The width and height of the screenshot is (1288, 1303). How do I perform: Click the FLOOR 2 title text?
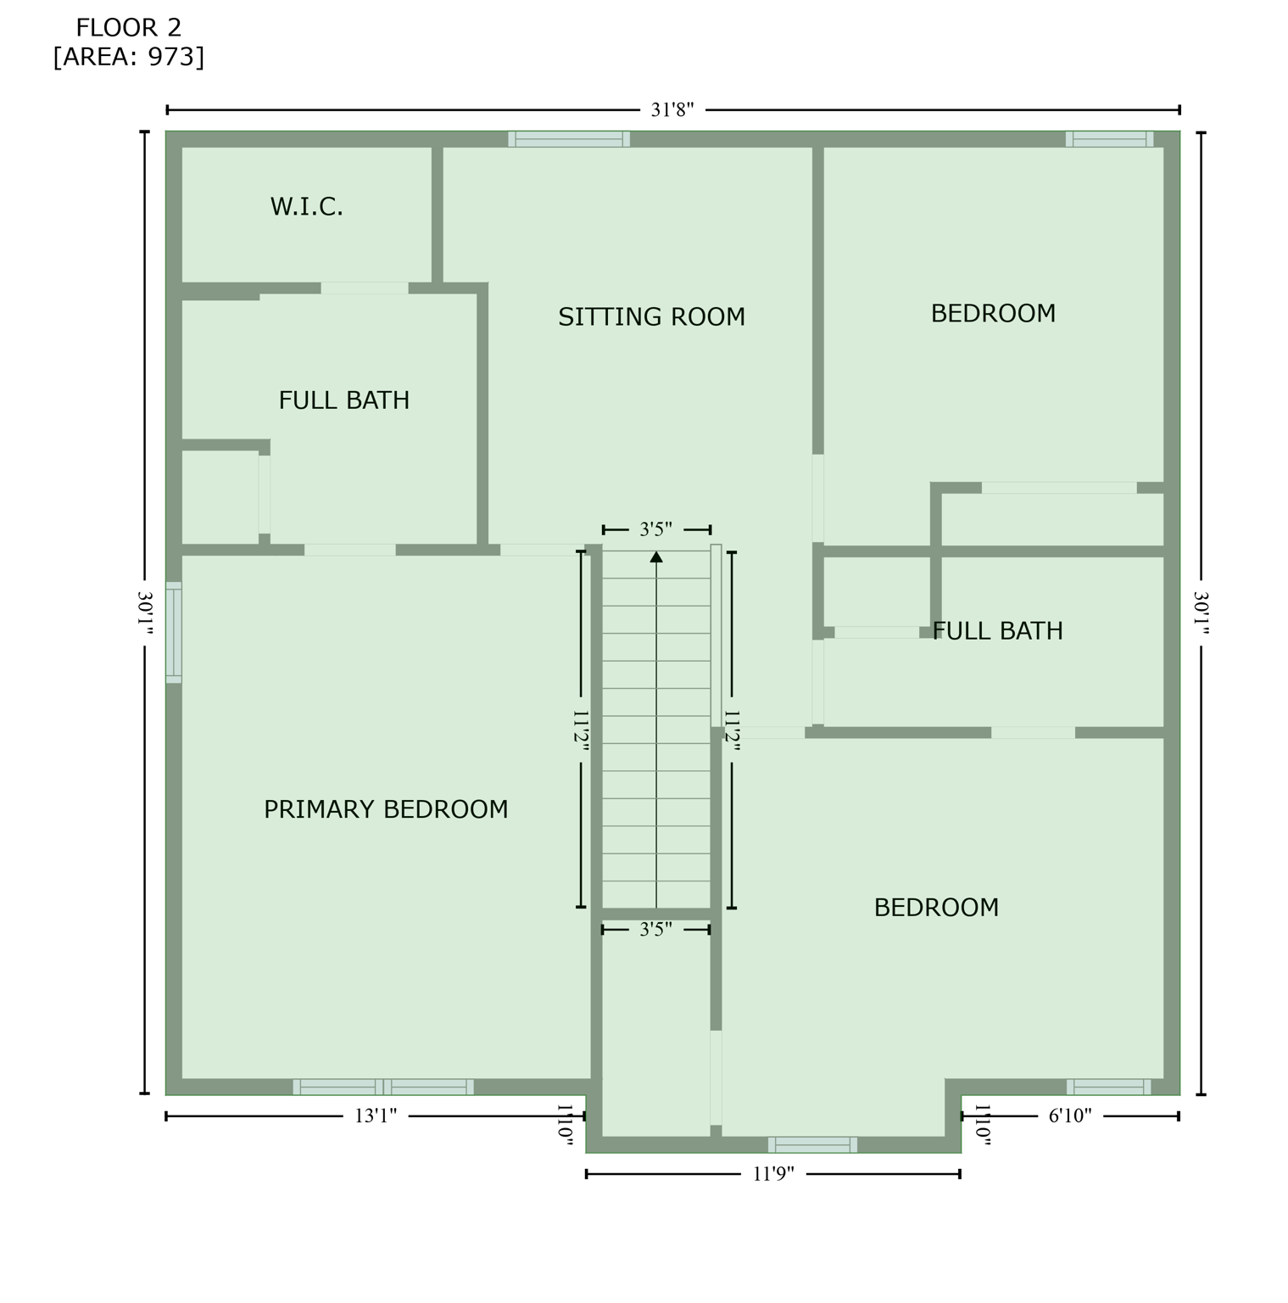[x=128, y=28]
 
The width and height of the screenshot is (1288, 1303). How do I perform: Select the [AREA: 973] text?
[x=128, y=57]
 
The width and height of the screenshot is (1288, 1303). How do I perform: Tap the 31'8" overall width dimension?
[x=672, y=109]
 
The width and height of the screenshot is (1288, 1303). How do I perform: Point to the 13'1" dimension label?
[x=375, y=1116]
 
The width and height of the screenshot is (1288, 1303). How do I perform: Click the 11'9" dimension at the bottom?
[x=772, y=1173]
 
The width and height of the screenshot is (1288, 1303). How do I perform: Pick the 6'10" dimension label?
[x=1069, y=1116]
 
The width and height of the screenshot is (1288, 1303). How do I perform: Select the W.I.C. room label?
[x=306, y=207]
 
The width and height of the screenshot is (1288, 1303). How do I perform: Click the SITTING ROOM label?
[x=651, y=317]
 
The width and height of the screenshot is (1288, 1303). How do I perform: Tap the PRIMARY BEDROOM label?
[x=386, y=809]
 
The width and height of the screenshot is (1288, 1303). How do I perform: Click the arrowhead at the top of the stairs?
[x=656, y=556]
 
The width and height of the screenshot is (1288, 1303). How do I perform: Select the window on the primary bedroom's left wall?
[x=173, y=633]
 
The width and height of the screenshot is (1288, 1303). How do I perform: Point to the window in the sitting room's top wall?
[x=569, y=139]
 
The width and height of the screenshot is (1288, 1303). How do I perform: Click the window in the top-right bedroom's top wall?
[x=1109, y=139]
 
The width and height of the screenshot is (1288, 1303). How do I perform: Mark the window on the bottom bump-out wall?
[x=812, y=1144]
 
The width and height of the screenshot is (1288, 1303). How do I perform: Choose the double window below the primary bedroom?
[x=383, y=1087]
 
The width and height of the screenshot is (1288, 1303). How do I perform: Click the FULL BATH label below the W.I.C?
[x=343, y=400]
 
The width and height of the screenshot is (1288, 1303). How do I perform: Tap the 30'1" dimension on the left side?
[x=145, y=612]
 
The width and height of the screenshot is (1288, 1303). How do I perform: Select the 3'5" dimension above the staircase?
[x=655, y=529]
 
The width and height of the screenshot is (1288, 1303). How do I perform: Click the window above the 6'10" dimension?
[x=1108, y=1087]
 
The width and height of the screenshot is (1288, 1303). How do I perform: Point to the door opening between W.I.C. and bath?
[x=365, y=288]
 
